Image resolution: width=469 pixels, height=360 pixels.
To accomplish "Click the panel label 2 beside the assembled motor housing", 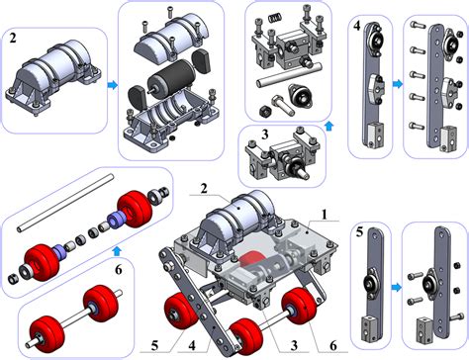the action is (13, 39).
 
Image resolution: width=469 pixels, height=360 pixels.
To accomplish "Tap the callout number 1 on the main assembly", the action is (325, 215).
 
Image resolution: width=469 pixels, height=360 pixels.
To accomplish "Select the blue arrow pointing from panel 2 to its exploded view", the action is (113, 85).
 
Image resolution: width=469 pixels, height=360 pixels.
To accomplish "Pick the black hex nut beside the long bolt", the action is (264, 111).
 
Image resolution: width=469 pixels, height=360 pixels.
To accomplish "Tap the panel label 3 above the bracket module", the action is (265, 135).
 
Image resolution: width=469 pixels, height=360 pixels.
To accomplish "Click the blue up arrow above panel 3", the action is (328, 126).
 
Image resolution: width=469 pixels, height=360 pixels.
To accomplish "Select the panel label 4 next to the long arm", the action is (356, 26).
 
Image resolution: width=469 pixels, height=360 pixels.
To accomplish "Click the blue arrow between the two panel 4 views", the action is (398, 84).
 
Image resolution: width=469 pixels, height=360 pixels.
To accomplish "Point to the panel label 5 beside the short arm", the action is (359, 232).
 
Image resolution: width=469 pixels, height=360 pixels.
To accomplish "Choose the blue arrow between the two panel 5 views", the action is (397, 288).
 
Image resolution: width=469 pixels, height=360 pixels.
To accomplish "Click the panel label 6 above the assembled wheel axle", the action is (119, 269).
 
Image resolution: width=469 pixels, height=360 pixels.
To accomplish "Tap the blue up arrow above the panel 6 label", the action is (117, 251).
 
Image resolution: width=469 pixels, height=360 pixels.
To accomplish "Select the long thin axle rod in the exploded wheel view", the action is (65, 203).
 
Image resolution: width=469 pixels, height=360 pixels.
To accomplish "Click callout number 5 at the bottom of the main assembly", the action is (155, 346).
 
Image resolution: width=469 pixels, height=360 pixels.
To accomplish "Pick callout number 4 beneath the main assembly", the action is (192, 346).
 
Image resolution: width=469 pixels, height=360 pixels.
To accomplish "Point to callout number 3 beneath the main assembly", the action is (294, 345).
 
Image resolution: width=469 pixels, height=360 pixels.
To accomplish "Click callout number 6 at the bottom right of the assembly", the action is (333, 345).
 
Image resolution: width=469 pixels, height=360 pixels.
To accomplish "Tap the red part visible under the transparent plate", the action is (250, 258).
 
